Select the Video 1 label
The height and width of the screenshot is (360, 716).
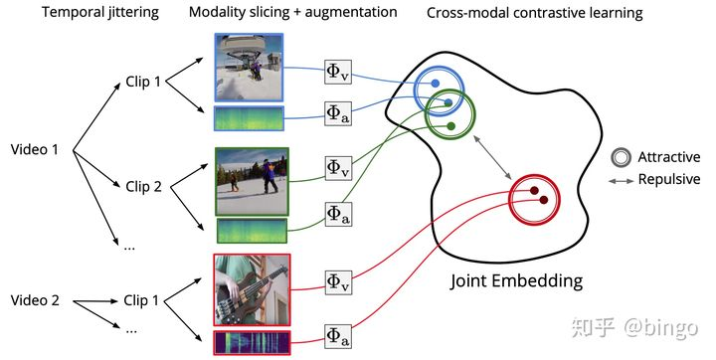tap(35, 149)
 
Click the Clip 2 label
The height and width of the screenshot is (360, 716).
tap(142, 185)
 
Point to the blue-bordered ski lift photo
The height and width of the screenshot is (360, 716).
tap(250, 67)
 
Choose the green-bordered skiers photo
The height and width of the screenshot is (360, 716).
tap(251, 181)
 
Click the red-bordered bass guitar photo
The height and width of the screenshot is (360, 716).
tap(251, 290)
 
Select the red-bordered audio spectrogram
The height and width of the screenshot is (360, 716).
tap(251, 343)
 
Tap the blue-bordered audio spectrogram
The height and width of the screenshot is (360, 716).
tap(250, 119)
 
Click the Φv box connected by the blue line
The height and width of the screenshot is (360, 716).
tap(338, 72)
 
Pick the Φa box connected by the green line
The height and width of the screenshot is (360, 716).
tap(338, 211)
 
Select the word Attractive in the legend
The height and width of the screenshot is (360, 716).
tap(668, 157)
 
